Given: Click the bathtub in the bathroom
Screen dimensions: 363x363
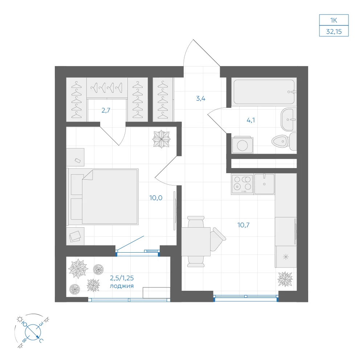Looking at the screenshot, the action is pos(264,92).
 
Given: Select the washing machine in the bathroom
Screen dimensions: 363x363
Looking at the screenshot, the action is pos(242,145).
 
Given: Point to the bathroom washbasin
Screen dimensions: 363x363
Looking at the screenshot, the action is pos(289,119).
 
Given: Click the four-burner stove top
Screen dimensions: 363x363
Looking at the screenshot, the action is pos(242,184).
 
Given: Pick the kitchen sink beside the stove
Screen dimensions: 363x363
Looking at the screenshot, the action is pos(264,184).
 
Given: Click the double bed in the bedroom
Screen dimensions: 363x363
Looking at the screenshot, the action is pos(103,197).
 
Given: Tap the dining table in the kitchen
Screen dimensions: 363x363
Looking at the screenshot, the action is pos(196,242).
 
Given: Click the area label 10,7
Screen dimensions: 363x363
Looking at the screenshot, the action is pos(243,225).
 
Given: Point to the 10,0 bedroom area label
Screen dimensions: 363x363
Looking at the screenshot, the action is pos(156,198).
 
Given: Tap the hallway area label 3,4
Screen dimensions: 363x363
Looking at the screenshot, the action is pos(201,98).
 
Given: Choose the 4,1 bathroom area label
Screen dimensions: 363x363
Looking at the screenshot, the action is pos(251,120).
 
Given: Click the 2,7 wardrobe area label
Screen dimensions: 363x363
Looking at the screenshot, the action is pos(106,110).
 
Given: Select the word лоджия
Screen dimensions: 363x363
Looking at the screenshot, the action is pos(122,286).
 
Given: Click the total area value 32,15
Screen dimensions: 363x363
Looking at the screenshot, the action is pos(334,32).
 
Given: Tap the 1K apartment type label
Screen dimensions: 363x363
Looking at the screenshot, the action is pos(334,20).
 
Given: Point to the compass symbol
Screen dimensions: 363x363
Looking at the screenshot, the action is pos(33,331).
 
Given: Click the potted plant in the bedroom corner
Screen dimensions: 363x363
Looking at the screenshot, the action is pos(162,139).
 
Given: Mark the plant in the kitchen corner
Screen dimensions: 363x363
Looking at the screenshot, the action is pos(285,279).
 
